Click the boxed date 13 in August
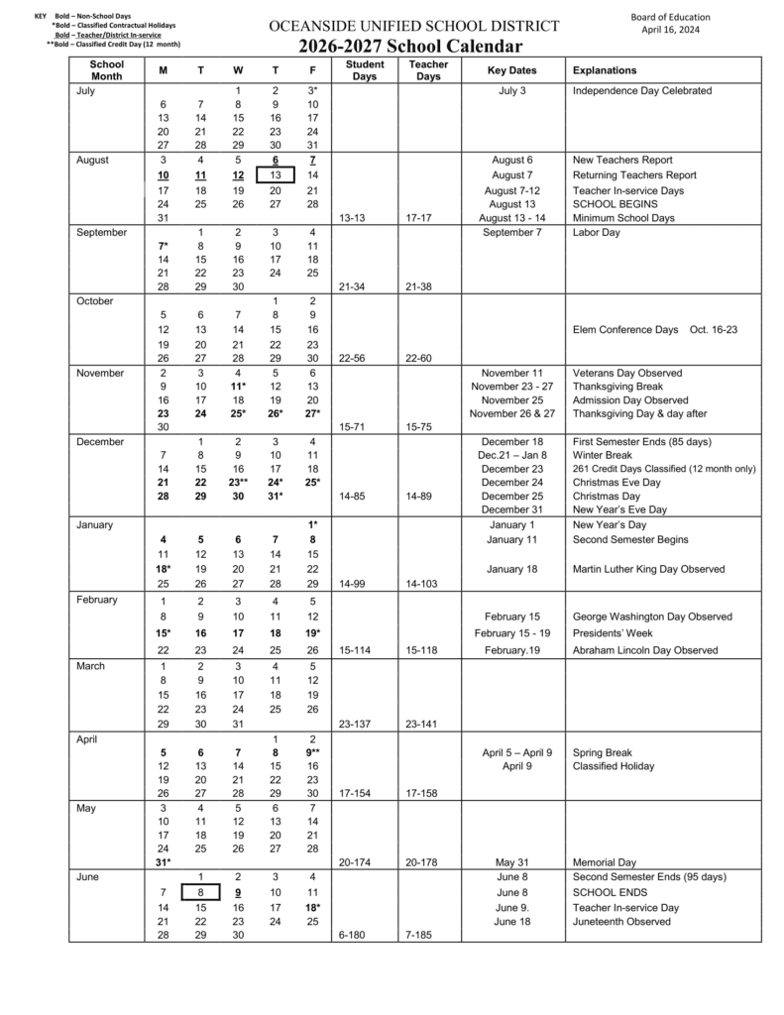pyautogui.click(x=276, y=174)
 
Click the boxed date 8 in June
pyautogui.click(x=200, y=892)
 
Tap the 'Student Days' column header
pyautogui.click(x=365, y=70)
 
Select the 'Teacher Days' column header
pyautogui.click(x=428, y=70)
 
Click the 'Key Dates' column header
pyautogui.click(x=512, y=70)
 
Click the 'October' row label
pyautogui.click(x=94, y=300)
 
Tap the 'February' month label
pyautogui.click(x=97, y=600)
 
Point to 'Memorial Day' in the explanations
pyautogui.click(x=605, y=862)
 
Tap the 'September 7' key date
pyautogui.click(x=512, y=232)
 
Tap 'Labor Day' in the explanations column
pyautogui.click(x=597, y=232)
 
